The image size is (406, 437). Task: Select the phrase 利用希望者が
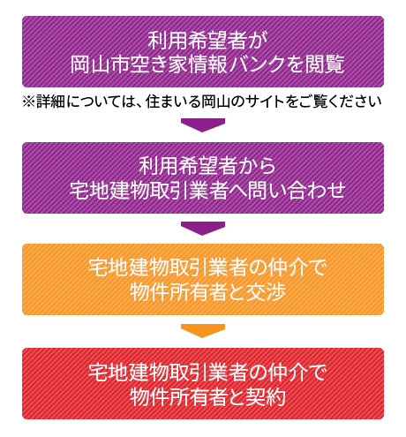pyautogui.click(x=207, y=41)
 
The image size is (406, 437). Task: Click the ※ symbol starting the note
pyautogui.click(x=29, y=102)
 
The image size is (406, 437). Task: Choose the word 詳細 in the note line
pyautogui.click(x=50, y=102)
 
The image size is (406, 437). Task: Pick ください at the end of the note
pyautogui.click(x=354, y=102)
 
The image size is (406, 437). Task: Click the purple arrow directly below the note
pyautogui.click(x=203, y=125)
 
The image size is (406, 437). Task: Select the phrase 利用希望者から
pyautogui.click(x=207, y=166)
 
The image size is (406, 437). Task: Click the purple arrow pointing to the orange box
pyautogui.click(x=203, y=229)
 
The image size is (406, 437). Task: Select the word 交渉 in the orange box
pyautogui.click(x=266, y=293)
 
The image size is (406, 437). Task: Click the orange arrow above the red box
pyautogui.click(x=203, y=331)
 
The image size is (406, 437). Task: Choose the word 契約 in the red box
pyautogui.click(x=266, y=397)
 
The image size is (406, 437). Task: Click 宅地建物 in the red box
pyautogui.click(x=128, y=373)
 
